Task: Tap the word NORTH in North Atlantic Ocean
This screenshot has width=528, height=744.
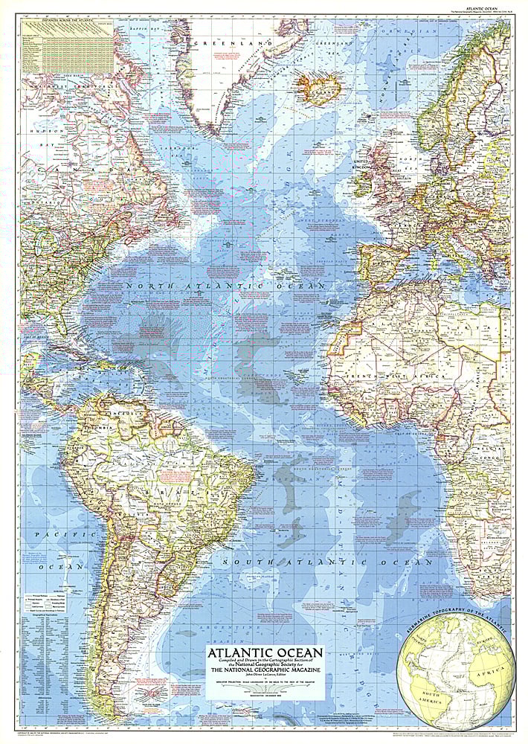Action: point(152,286)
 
